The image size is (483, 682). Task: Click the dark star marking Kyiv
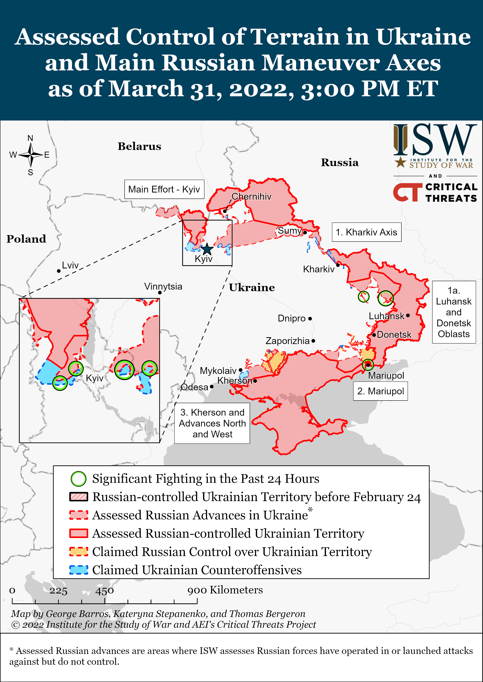(x=207, y=249)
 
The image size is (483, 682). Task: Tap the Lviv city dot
(x=59, y=271)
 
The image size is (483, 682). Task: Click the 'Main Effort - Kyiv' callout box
(x=164, y=189)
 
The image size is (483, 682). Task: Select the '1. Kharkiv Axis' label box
(x=366, y=232)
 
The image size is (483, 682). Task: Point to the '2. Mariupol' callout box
(x=380, y=391)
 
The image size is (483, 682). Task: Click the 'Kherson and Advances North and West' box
(x=212, y=423)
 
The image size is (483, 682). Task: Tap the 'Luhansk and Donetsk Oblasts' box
(x=454, y=312)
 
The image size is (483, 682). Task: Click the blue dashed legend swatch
(x=79, y=570)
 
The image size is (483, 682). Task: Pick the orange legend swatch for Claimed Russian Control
(x=79, y=552)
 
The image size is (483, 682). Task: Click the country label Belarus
(x=139, y=146)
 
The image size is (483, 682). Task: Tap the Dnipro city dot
(x=310, y=318)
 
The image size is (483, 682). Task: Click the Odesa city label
(x=195, y=387)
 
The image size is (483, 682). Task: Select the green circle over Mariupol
(x=368, y=365)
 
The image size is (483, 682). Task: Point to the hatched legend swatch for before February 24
(x=79, y=497)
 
